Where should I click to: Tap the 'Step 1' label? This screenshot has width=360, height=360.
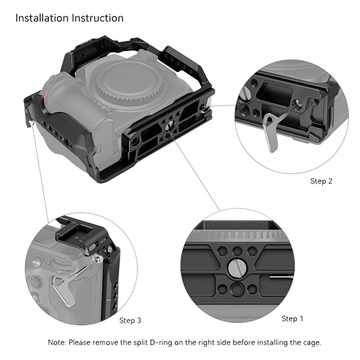pyautogui.click(x=292, y=319)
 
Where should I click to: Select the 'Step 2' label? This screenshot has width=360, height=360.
pyautogui.click(x=321, y=181)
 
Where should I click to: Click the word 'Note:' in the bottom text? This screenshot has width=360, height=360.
pyautogui.click(x=58, y=342)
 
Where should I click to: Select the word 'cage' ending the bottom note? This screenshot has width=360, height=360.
pyautogui.click(x=310, y=342)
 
